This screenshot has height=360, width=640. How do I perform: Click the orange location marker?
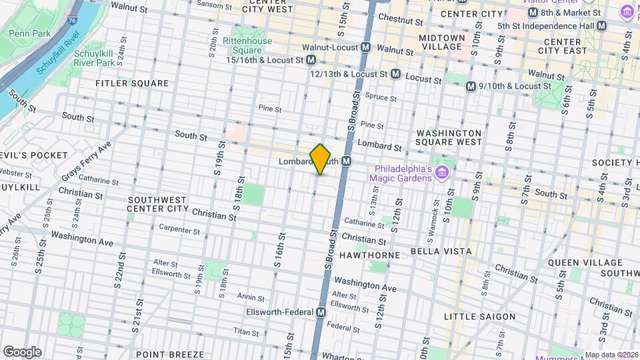321,159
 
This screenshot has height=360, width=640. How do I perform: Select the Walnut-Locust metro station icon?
365,48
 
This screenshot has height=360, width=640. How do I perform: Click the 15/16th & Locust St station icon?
311,60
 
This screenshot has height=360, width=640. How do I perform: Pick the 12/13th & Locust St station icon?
395,74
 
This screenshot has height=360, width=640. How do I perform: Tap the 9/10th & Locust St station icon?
471,86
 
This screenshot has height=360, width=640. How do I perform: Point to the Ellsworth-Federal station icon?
321,312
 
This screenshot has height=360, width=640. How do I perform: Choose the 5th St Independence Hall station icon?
602,25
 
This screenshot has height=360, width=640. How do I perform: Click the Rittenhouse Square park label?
247,45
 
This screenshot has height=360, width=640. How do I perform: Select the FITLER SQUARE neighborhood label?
132,83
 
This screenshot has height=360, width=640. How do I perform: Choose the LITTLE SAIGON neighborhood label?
480,316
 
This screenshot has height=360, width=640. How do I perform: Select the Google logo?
22,351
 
